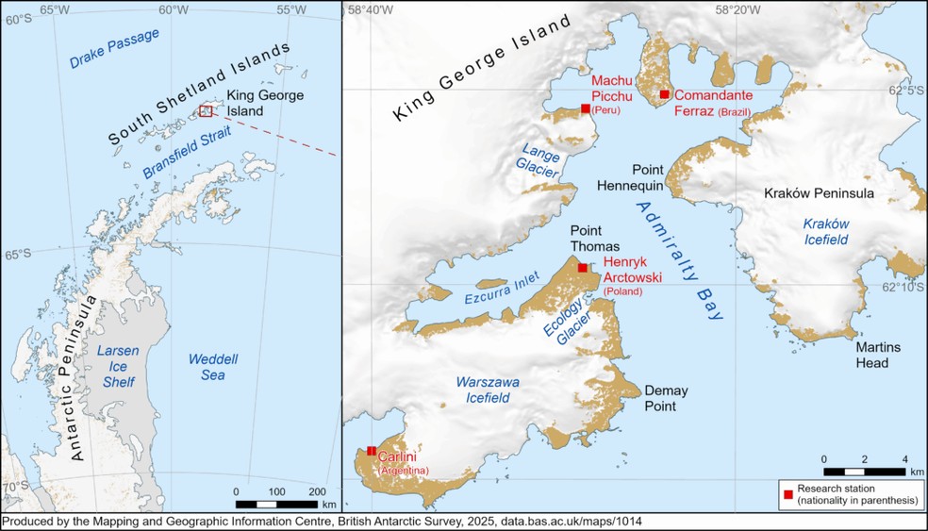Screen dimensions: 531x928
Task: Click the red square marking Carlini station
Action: (x=372, y=451)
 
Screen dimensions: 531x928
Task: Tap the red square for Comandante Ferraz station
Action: (x=664, y=94)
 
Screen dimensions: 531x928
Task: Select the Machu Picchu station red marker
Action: (x=586, y=108)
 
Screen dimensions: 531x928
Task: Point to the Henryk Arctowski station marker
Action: (x=583, y=268)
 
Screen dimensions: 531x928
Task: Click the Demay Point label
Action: (x=666, y=397)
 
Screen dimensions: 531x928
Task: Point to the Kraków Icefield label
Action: (x=826, y=232)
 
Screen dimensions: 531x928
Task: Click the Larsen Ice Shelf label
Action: (x=118, y=366)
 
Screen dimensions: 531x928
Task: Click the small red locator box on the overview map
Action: (x=206, y=111)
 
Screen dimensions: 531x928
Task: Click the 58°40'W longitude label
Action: (x=371, y=10)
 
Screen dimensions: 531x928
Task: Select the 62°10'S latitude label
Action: (x=903, y=288)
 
